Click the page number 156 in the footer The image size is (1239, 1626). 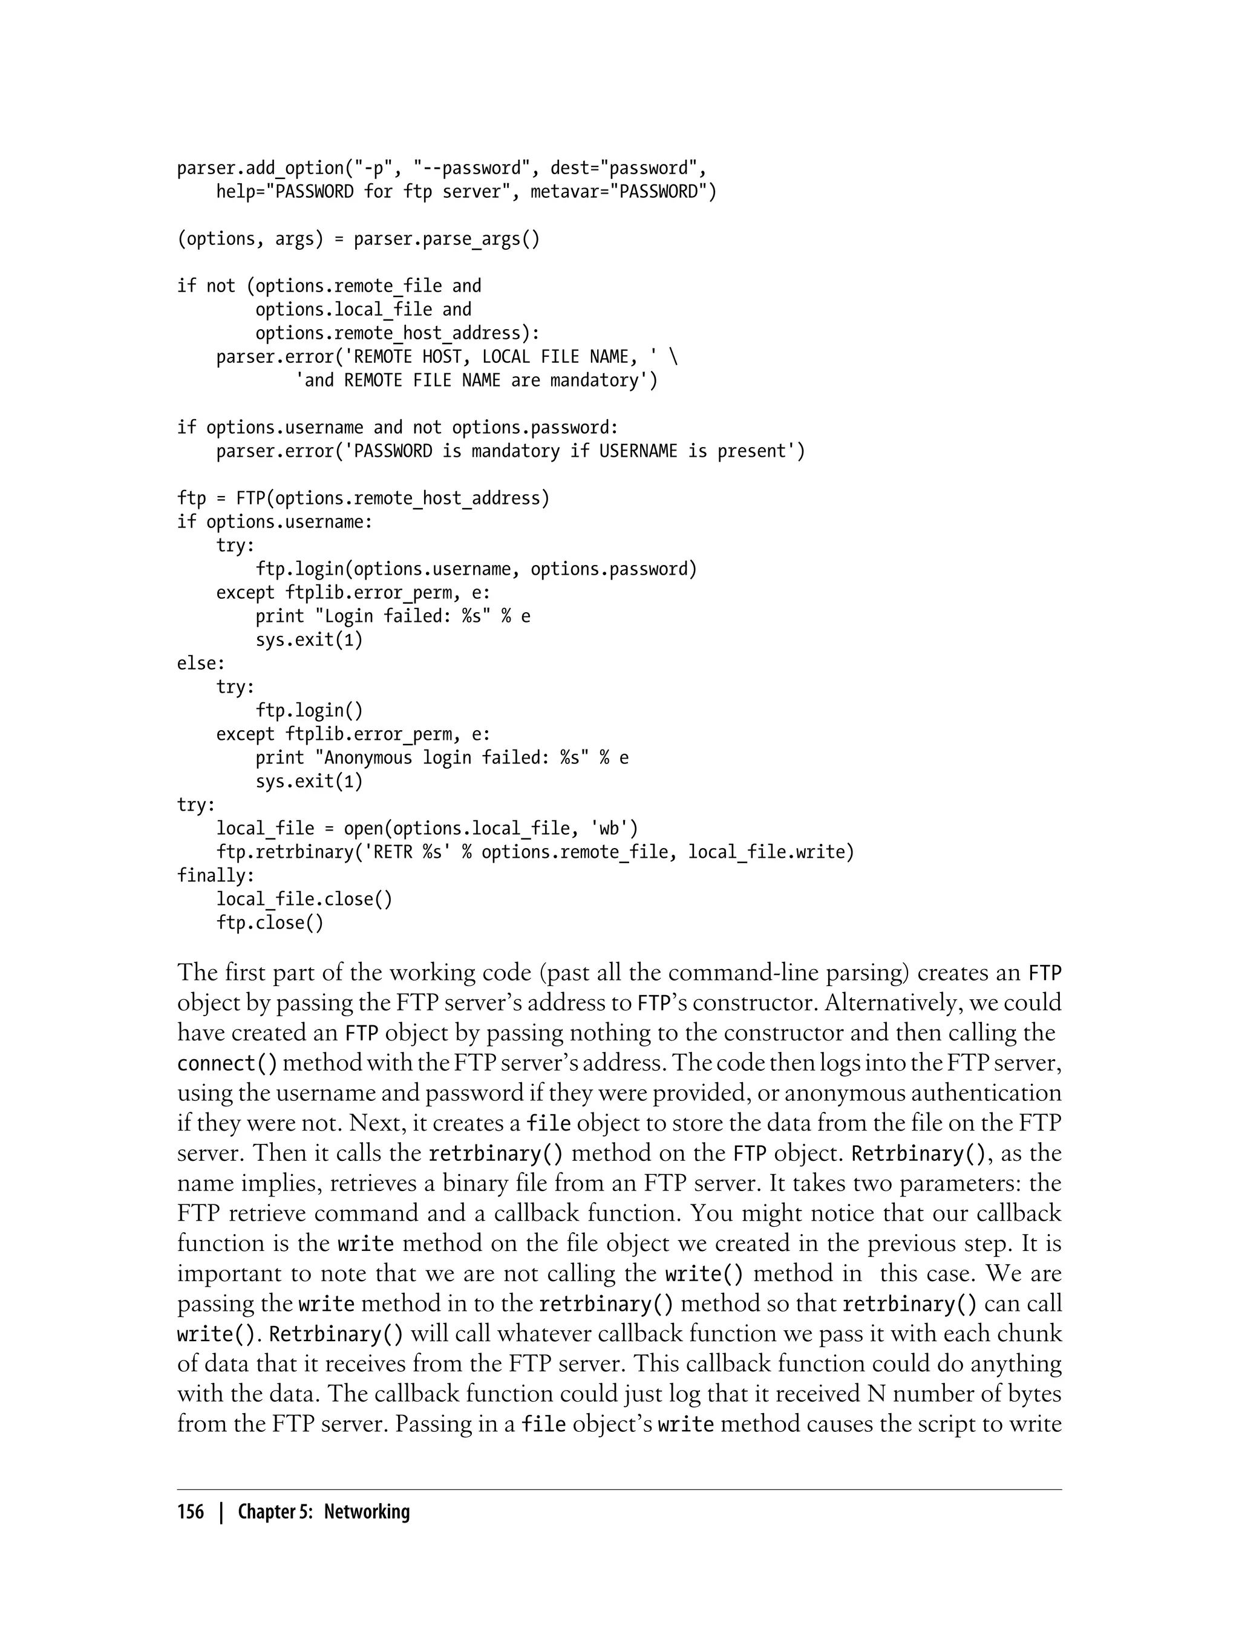pyautogui.click(x=191, y=1512)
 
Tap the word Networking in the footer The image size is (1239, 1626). pyautogui.click(x=367, y=1512)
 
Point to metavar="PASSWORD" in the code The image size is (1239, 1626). pyautogui.click(x=623, y=192)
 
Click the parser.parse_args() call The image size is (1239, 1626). pyautogui.click(x=446, y=239)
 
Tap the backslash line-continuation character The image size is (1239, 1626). pyautogui.click(x=673, y=357)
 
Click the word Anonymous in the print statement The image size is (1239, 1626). pyautogui.click(x=368, y=758)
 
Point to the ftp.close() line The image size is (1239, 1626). pyautogui.click(x=270, y=923)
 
